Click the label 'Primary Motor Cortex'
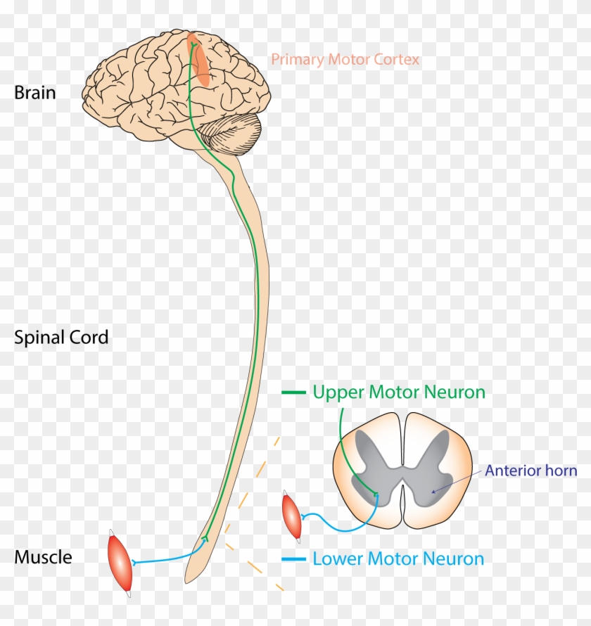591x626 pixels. [345, 60]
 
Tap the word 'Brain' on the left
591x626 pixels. [34, 93]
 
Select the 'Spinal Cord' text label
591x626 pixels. [61, 338]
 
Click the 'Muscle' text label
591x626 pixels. [43, 558]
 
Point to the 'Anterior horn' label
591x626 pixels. [530, 471]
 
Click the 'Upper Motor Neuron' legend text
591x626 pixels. [399, 392]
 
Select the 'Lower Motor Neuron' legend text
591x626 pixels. [398, 560]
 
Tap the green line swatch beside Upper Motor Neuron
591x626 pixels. [293, 392]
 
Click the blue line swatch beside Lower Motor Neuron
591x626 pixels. [293, 560]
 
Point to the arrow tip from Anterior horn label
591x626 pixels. [431, 491]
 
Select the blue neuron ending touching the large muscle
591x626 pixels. [134, 562]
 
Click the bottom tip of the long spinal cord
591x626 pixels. [189, 581]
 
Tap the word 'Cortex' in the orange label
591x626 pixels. [395, 60]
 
